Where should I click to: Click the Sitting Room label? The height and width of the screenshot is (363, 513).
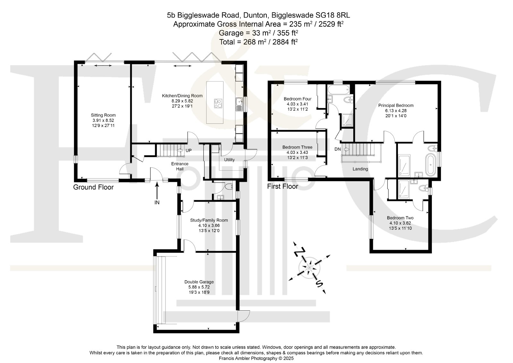(103, 115)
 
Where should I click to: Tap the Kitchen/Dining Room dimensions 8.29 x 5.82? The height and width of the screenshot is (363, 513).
(182, 101)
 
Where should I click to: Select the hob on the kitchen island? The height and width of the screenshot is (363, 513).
(218, 103)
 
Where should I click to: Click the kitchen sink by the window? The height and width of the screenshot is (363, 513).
(239, 104)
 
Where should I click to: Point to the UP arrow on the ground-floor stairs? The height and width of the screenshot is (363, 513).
(180, 150)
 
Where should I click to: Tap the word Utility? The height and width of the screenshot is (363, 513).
(229, 160)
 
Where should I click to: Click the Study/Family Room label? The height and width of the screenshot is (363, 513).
(209, 220)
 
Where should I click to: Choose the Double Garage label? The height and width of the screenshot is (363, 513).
(199, 282)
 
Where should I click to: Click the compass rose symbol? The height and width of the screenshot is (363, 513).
(309, 267)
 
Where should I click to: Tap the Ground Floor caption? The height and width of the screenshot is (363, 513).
(93, 187)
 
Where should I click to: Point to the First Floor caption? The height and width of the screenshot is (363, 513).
(282, 186)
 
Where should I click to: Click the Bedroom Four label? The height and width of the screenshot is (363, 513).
(298, 99)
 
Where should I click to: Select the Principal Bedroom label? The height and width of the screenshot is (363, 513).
(396, 106)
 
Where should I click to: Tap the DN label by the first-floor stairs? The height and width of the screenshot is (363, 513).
(338, 149)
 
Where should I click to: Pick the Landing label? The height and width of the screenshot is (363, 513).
(360, 169)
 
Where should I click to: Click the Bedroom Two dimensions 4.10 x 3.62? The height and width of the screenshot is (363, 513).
(400, 223)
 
